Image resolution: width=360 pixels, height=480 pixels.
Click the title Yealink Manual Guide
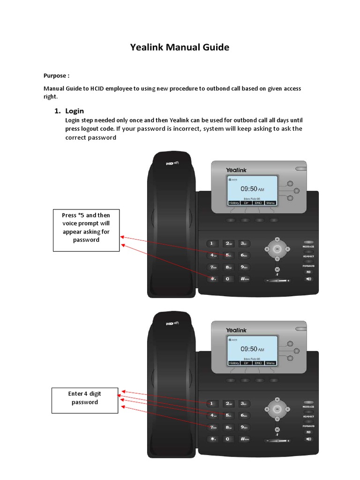tap(180, 47)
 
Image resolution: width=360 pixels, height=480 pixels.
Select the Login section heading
tap(74, 111)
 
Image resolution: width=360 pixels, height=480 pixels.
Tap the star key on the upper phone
tap(213, 279)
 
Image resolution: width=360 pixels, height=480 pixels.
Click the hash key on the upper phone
tap(244, 279)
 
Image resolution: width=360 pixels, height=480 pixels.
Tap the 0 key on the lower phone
tap(228, 439)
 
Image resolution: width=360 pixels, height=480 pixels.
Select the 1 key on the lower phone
tap(213, 403)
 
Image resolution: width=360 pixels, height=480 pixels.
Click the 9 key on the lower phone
tap(244, 427)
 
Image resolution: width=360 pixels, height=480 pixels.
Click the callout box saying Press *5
tap(86, 231)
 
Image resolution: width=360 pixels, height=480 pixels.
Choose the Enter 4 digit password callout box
tap(85, 400)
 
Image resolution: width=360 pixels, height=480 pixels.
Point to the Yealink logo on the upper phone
tap(236, 170)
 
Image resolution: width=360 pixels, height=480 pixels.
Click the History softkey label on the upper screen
tap(234, 203)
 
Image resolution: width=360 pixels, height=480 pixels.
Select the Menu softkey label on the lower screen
tap(270, 363)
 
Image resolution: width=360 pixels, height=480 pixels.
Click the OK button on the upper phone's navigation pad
tap(277, 248)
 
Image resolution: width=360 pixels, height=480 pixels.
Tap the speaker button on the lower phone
tap(308, 439)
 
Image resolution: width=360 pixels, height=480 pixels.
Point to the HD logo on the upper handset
tap(172, 164)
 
